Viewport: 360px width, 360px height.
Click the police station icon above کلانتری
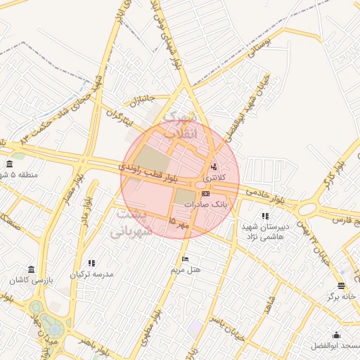tap(214, 167)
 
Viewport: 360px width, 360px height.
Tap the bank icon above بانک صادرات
tap(205, 193)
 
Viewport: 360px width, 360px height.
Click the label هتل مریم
tap(186, 270)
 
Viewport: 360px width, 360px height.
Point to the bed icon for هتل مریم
tap(185, 259)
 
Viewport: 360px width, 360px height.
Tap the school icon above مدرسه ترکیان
tap(92, 263)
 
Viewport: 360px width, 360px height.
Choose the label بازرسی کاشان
tap(31, 280)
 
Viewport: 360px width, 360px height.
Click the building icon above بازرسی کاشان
tap(31, 269)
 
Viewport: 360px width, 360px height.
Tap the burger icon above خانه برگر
tap(341, 285)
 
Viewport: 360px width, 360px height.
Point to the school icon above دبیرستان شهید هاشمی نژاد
tap(264, 216)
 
